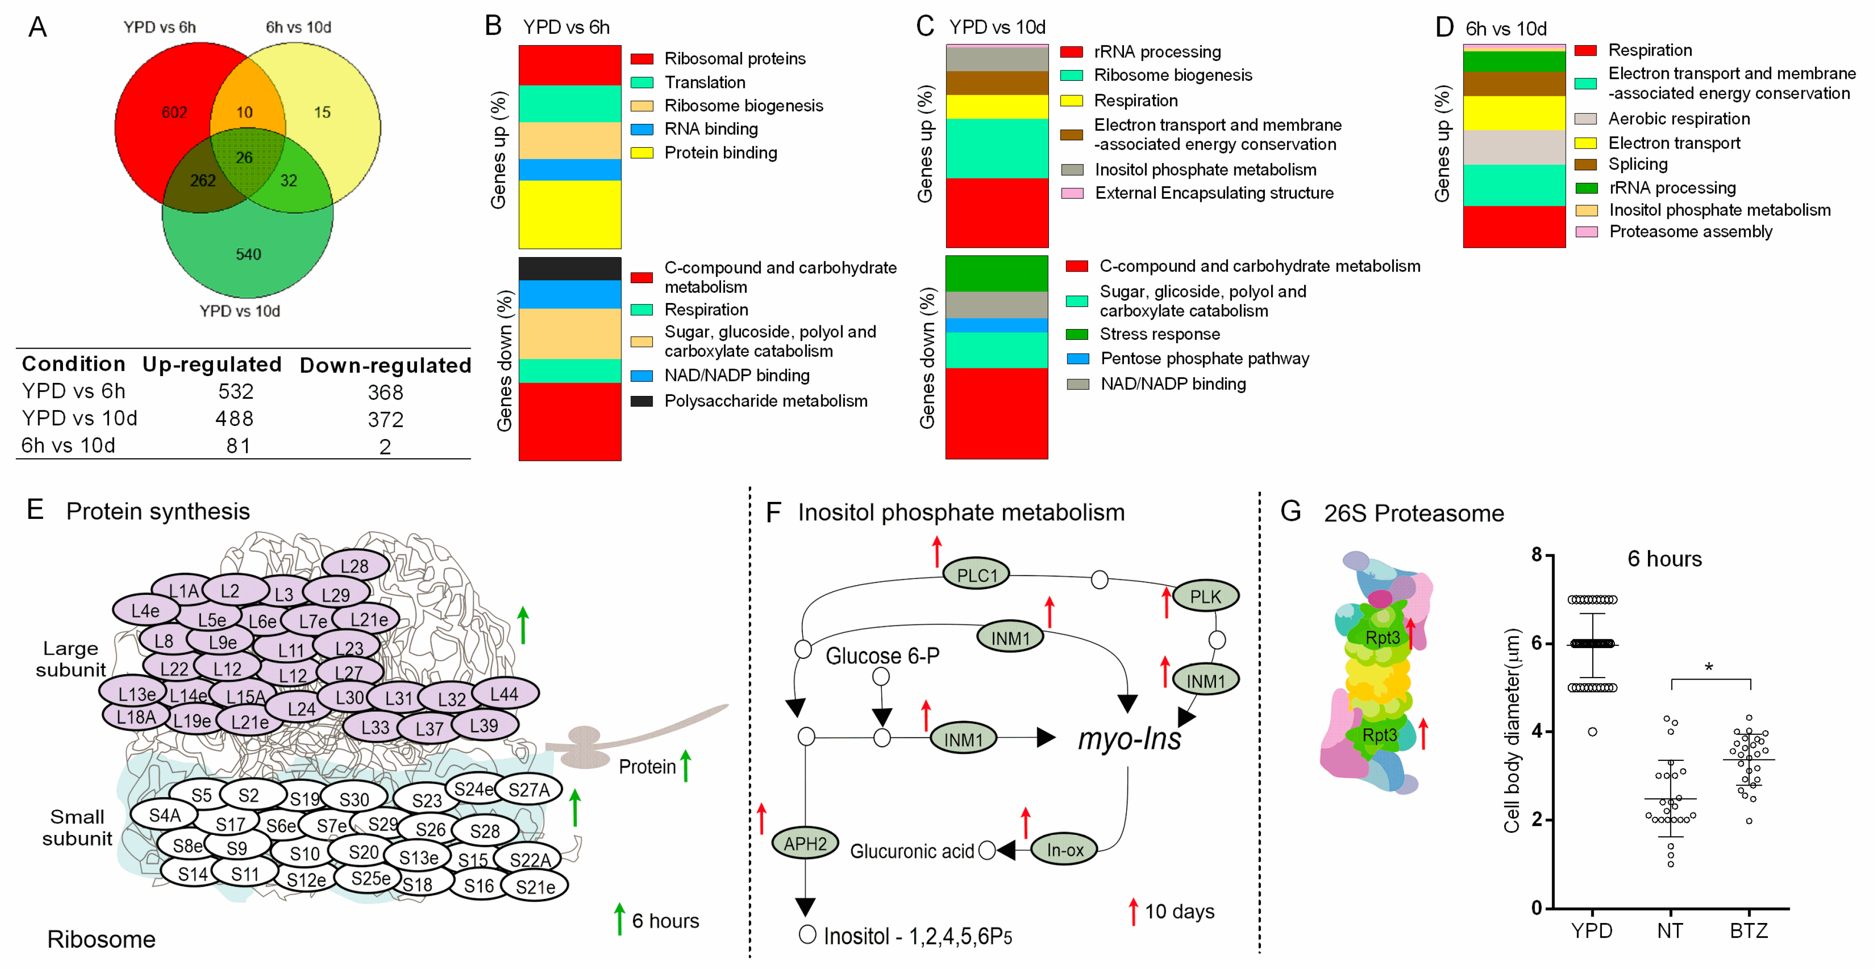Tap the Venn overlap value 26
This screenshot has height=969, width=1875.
(x=244, y=157)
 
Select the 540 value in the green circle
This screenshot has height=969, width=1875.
(x=248, y=255)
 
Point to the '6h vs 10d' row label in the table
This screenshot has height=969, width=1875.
(x=68, y=446)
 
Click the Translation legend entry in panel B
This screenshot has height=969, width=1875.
(x=704, y=82)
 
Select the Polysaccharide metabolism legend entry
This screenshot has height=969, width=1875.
(x=765, y=401)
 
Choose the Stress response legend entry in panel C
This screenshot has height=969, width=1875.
(x=1159, y=334)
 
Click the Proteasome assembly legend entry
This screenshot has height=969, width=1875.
(x=1690, y=231)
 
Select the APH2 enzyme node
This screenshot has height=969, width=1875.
(x=805, y=844)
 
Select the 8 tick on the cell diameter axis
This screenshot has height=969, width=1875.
(x=1537, y=555)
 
